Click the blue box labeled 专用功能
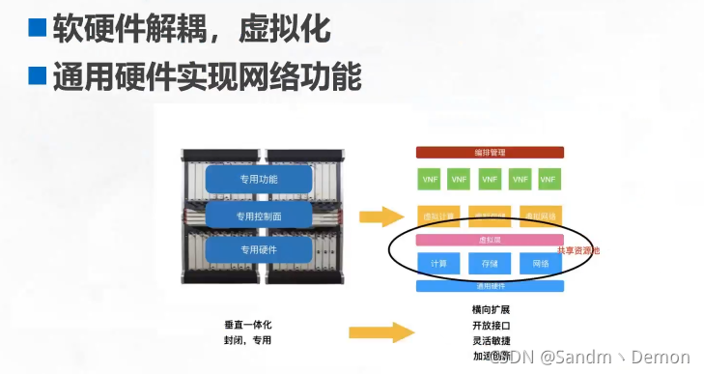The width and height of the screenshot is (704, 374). tap(259, 179)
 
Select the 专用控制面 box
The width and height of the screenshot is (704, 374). tap(258, 215)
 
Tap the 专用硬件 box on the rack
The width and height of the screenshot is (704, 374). tap(258, 249)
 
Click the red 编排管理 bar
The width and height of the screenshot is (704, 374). tap(490, 152)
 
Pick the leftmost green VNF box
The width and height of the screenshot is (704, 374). tap(429, 179)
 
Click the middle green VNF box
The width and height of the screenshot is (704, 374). tap(490, 179)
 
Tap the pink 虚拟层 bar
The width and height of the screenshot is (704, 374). tap(490, 239)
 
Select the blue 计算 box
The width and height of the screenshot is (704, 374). tap(438, 263)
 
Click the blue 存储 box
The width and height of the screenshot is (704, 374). tap(490, 263)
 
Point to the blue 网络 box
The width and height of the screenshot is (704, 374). tap(541, 263)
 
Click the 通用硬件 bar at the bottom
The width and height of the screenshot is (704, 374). tap(490, 286)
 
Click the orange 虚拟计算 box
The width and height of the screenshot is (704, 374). tap(438, 215)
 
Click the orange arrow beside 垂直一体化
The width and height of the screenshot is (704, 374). tap(379, 331)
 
